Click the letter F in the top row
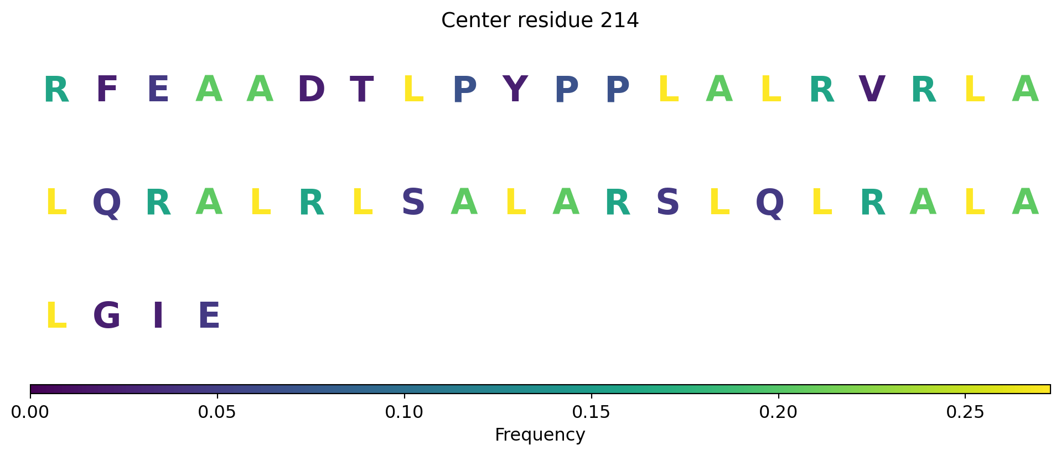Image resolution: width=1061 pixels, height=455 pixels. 107,90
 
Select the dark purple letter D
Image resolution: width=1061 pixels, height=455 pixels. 311,90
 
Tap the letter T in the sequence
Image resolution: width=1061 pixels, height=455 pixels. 362,90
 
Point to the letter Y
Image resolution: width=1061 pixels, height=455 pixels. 515,90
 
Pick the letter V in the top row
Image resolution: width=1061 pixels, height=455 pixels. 872,90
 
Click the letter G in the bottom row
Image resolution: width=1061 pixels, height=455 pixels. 107,316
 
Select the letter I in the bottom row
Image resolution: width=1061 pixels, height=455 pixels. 158,316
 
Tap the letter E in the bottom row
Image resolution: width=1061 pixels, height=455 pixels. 209,316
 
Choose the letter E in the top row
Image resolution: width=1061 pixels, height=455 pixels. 158,90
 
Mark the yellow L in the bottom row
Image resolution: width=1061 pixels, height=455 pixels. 56,316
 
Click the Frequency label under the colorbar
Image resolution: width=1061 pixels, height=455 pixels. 540,435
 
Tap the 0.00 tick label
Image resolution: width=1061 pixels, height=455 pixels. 30,412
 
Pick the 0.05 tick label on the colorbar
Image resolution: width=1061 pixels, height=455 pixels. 217,412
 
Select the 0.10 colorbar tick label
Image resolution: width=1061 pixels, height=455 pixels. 405,412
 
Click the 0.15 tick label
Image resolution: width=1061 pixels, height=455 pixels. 592,412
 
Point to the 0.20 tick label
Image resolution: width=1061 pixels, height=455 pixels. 779,412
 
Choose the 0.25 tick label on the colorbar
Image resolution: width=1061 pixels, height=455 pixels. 966,412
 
